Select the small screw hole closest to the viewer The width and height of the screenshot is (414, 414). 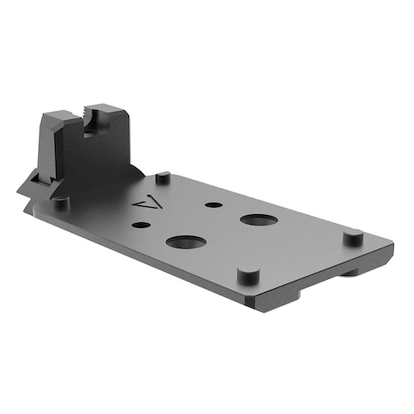[x=142, y=225]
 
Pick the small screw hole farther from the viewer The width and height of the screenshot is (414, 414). [x=214, y=205]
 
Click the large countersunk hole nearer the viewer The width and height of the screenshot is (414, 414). [x=186, y=242]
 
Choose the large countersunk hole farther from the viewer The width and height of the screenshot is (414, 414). [x=259, y=220]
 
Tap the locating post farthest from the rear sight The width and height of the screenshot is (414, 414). [x=354, y=237]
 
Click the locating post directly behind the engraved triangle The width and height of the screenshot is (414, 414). [x=163, y=177]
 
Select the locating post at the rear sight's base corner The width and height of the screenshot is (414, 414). [x=60, y=202]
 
